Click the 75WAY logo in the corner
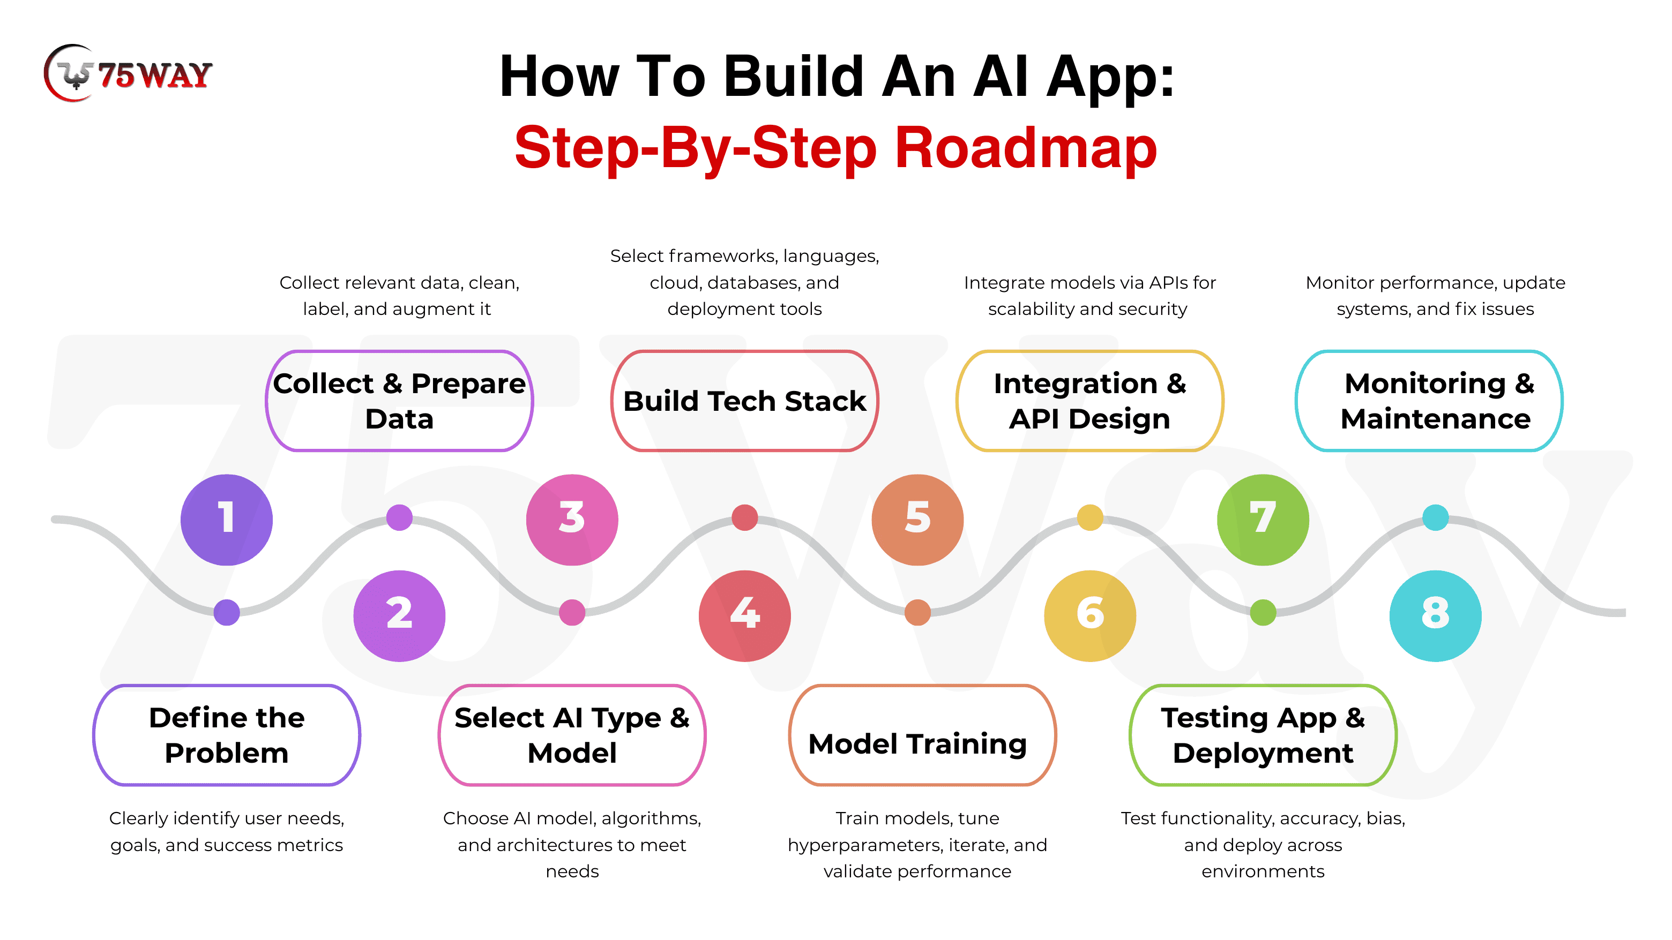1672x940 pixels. tap(129, 74)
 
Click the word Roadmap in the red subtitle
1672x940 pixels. tap(1026, 148)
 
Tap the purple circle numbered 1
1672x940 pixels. tap(227, 520)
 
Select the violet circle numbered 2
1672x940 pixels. tap(399, 615)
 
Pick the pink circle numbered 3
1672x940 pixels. tap(572, 520)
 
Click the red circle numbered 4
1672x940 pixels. tap(744, 615)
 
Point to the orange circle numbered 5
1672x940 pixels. tap(917, 520)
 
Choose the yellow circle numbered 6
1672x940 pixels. tap(1090, 615)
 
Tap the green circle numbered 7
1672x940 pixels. tap(1263, 520)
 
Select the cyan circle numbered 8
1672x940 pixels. tap(1435, 615)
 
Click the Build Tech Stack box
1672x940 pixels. tap(744, 401)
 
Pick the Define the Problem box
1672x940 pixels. tap(227, 735)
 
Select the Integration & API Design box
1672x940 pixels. tap(1090, 401)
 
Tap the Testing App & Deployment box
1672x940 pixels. tap(1263, 735)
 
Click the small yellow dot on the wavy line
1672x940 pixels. tap(1090, 517)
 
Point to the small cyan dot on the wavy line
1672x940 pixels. tap(1435, 517)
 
